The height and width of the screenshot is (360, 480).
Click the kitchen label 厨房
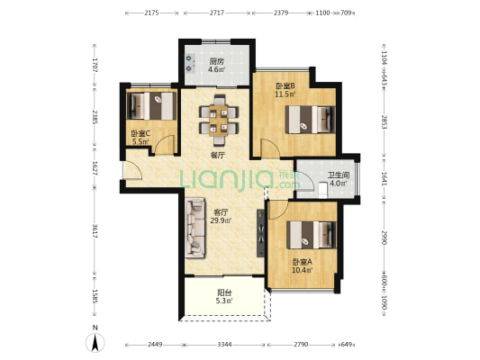(x=216, y=61)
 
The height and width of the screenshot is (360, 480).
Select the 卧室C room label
(x=140, y=134)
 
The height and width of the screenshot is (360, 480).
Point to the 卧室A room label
(x=302, y=262)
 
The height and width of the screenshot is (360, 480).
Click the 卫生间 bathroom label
(x=339, y=175)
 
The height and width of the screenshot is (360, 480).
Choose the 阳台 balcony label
(x=224, y=292)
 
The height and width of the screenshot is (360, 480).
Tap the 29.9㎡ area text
(x=221, y=220)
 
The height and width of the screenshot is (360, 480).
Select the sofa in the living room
(x=195, y=227)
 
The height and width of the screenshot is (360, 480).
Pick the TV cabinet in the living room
(x=260, y=233)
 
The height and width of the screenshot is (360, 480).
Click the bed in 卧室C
(x=151, y=106)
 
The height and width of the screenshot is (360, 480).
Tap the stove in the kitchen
(x=190, y=64)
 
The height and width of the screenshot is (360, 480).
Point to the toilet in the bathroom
(x=322, y=190)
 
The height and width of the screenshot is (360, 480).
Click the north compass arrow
(x=95, y=343)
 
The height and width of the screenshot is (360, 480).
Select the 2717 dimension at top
(x=217, y=13)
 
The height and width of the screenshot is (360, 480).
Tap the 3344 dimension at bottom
(x=224, y=345)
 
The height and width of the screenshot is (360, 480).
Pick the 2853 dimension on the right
(x=385, y=121)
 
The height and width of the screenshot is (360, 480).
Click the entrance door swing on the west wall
(x=132, y=169)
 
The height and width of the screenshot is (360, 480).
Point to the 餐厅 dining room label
(x=218, y=155)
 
